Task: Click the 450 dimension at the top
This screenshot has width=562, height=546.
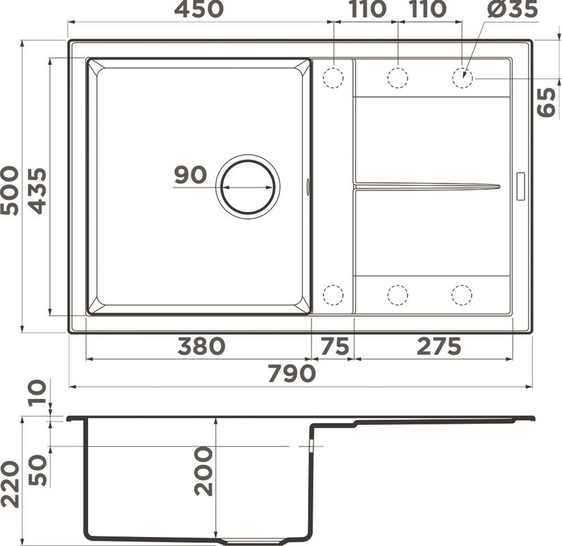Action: point(198,10)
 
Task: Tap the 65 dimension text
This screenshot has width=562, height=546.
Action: point(547,102)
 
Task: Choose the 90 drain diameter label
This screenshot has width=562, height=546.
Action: point(190,175)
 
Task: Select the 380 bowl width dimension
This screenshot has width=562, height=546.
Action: point(200,346)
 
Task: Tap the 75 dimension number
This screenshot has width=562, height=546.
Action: point(334,346)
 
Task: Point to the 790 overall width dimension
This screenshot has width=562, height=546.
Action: point(292,373)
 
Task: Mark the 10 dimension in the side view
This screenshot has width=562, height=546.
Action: point(38,392)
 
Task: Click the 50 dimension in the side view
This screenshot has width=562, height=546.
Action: point(38,469)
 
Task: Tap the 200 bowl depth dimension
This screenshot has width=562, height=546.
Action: point(203,471)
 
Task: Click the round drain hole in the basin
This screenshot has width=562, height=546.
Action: point(248,186)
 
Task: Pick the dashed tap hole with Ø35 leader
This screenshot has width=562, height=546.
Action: point(462,78)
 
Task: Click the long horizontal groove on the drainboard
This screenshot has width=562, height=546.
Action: point(427,185)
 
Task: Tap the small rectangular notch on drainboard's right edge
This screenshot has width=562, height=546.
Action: point(520,186)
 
